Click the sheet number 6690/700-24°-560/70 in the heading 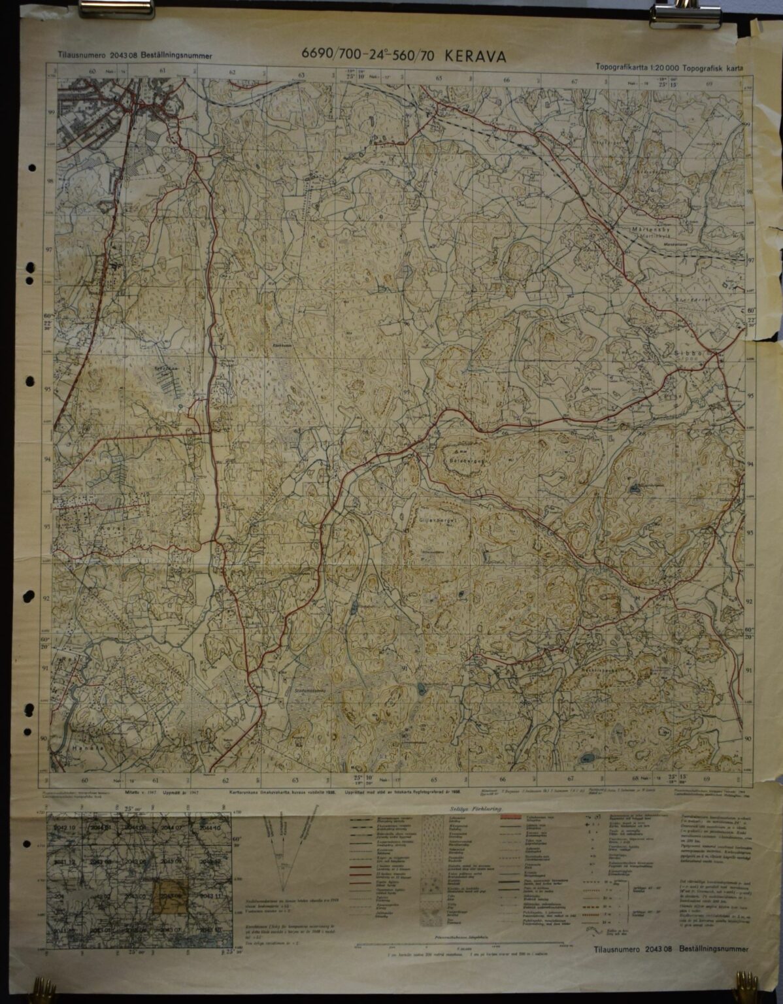(x=369, y=57)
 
